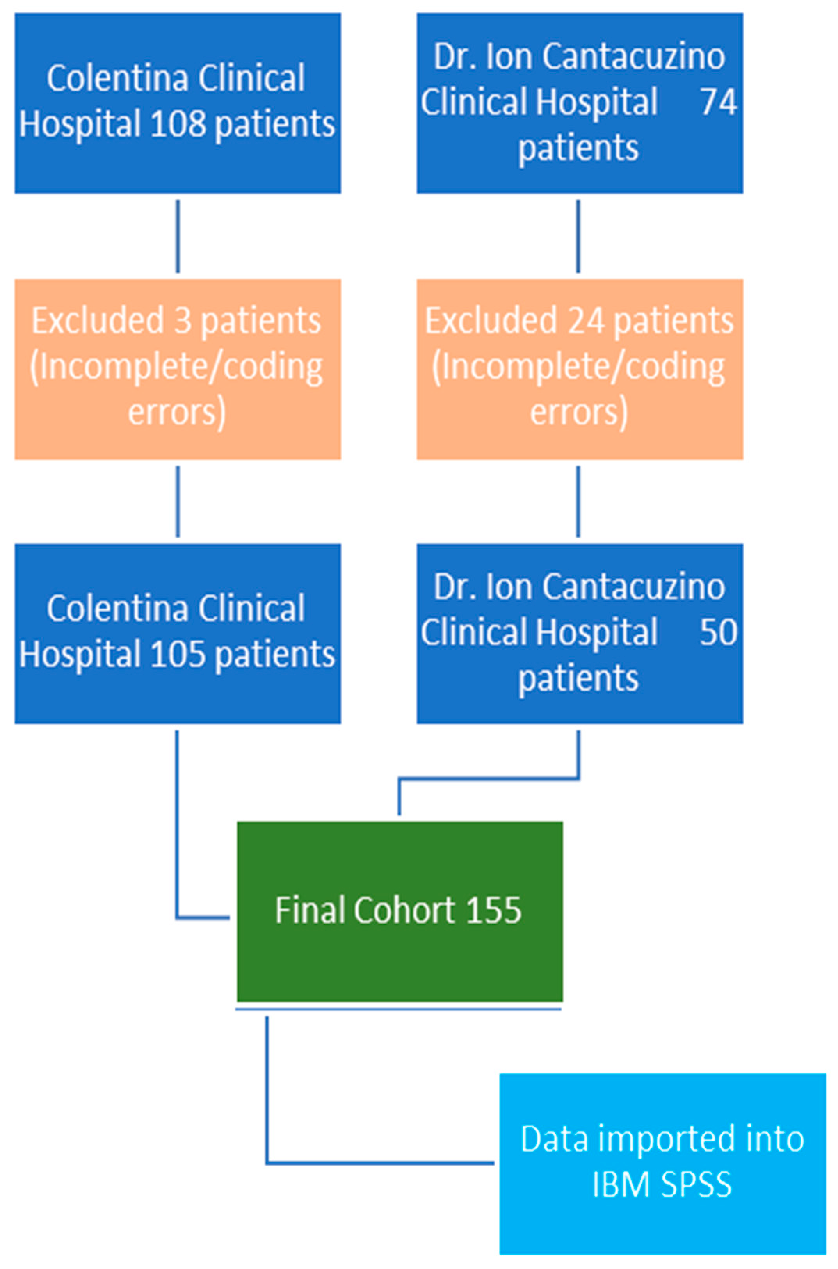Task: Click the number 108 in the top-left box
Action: [x=178, y=124]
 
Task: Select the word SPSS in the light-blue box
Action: [x=696, y=1185]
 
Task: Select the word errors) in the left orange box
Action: [x=177, y=413]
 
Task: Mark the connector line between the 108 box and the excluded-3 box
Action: [x=178, y=236]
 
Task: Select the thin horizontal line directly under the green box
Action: [x=398, y=1009]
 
